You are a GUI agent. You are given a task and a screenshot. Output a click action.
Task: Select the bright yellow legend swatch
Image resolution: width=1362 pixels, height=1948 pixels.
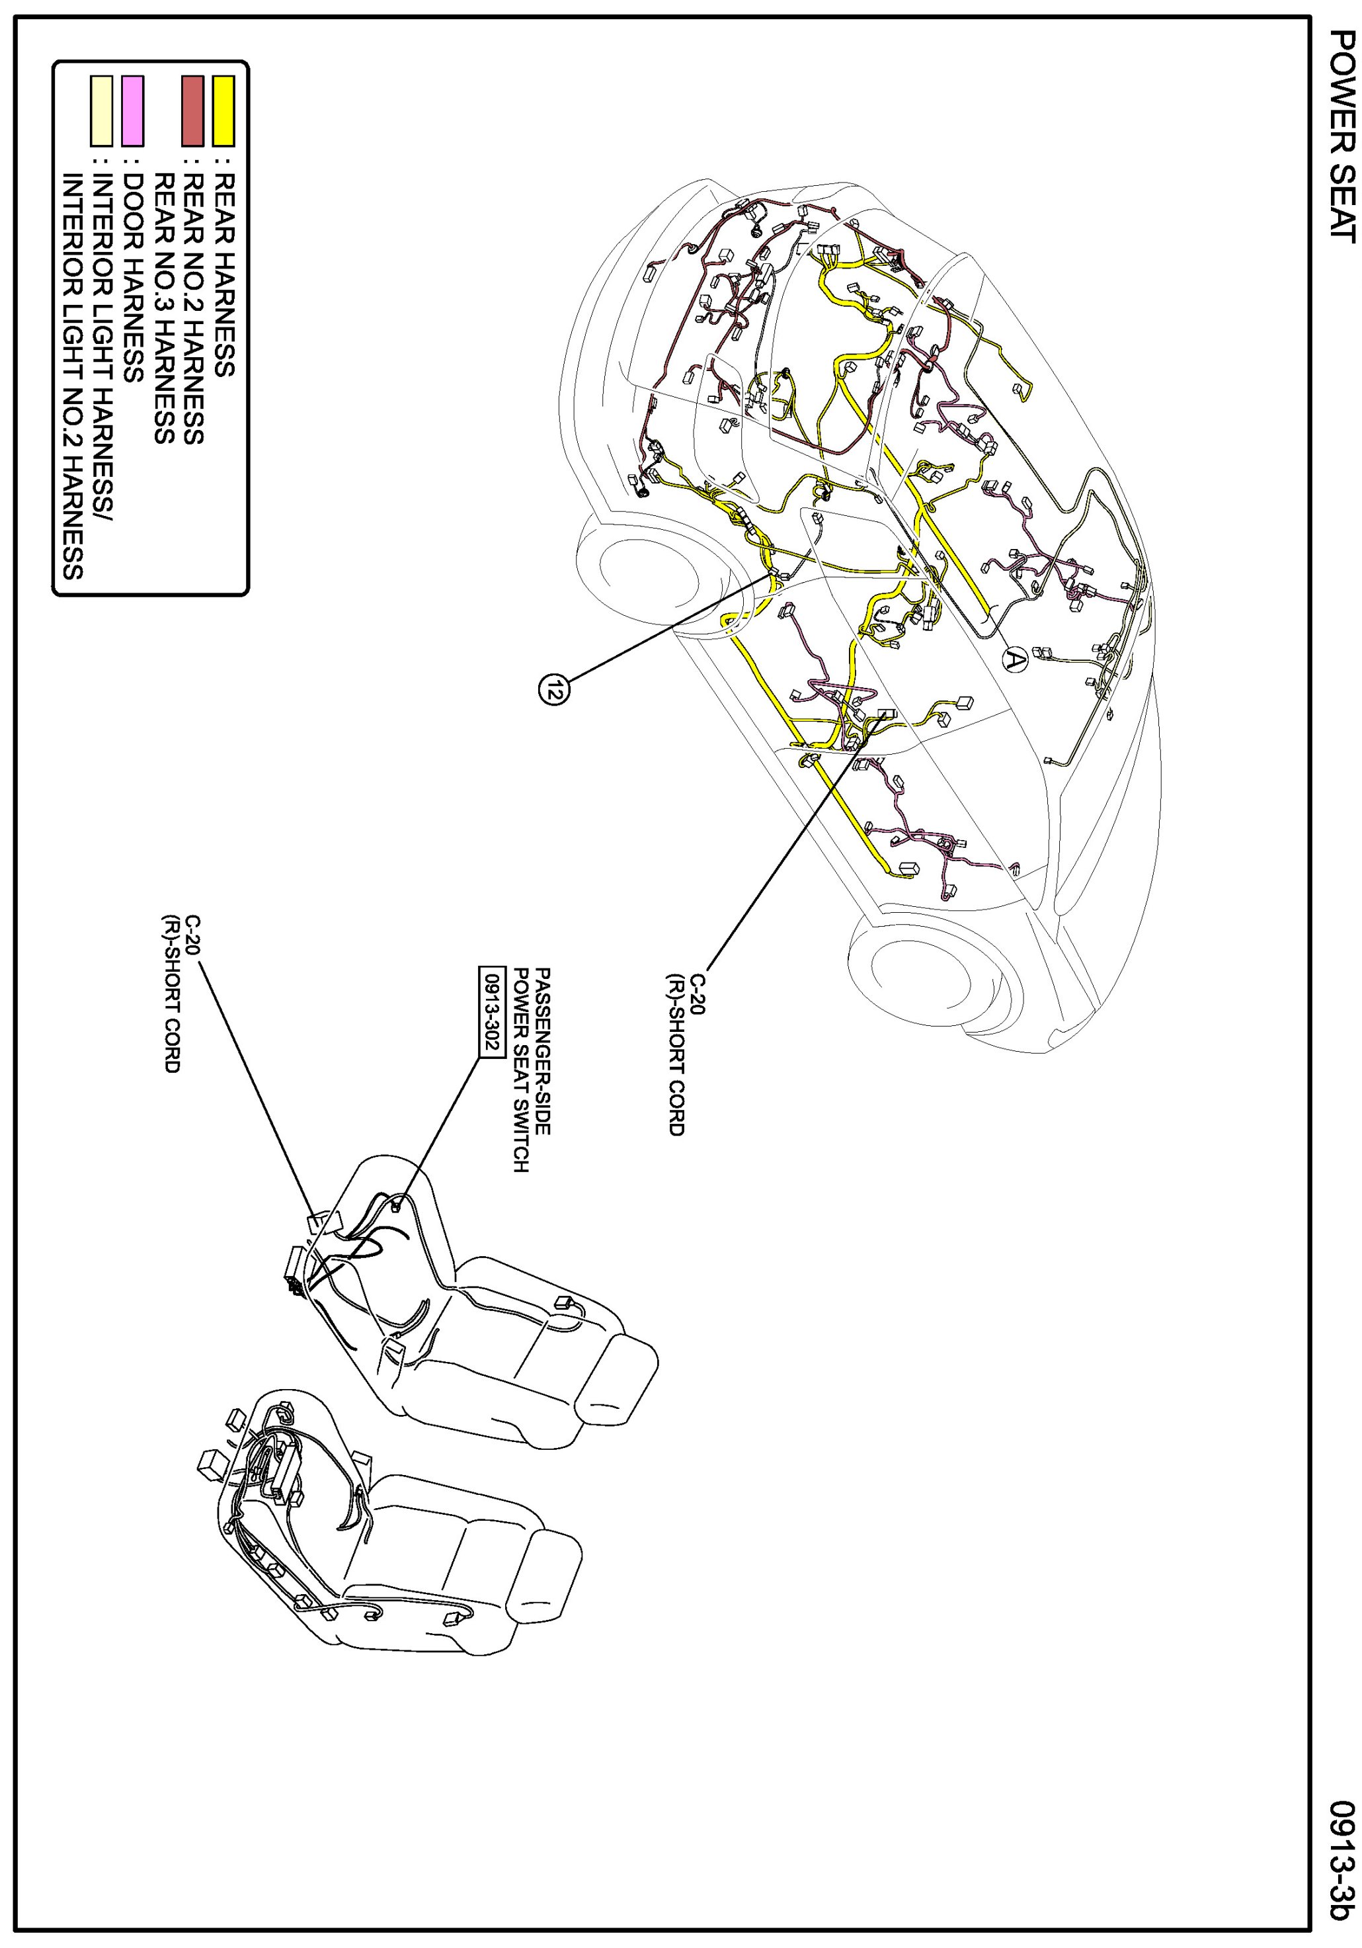223,111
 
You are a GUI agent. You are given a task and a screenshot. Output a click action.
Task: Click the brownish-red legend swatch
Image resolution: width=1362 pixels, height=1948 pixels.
193,111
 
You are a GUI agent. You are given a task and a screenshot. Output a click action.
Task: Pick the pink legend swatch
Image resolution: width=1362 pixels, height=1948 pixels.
132,111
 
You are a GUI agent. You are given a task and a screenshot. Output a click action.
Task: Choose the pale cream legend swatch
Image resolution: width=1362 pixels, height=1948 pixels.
102,111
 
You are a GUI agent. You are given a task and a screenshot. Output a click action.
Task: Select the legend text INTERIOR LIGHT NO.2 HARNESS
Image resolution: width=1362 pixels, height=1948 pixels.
72,377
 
